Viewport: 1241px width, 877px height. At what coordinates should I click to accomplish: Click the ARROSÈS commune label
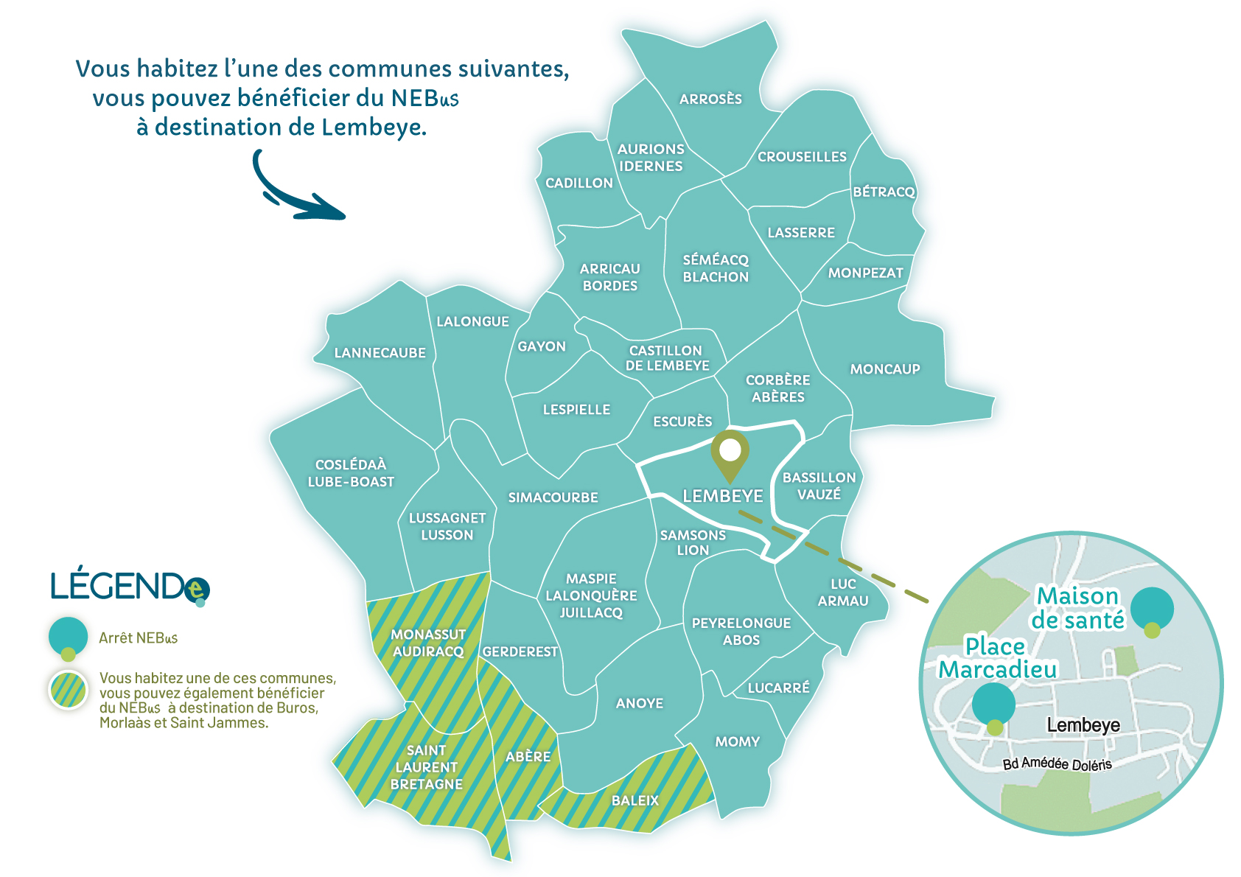pyautogui.click(x=710, y=99)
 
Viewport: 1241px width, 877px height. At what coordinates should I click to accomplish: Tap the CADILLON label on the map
pyautogui.click(x=578, y=183)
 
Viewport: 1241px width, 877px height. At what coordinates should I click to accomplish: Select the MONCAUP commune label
pyautogui.click(x=885, y=368)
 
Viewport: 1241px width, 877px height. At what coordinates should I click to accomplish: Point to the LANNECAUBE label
pyautogui.click(x=380, y=352)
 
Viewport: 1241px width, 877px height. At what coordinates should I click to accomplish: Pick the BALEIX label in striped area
pyautogui.click(x=635, y=800)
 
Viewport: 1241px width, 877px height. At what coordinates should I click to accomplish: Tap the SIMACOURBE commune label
pyautogui.click(x=553, y=497)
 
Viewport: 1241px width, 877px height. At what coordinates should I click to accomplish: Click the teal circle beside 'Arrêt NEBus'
pyautogui.click(x=68, y=636)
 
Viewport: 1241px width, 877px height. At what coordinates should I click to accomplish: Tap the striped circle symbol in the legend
pyautogui.click(x=68, y=690)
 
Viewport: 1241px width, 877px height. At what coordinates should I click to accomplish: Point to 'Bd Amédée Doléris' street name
pyautogui.click(x=1057, y=764)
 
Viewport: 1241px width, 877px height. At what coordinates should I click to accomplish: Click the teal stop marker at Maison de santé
pyautogui.click(x=1152, y=609)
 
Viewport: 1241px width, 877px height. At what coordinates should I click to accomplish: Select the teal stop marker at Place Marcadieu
pyautogui.click(x=993, y=705)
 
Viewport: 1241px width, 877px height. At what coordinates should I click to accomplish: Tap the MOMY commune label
pyautogui.click(x=737, y=741)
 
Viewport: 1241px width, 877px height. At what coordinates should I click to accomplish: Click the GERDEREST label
pyautogui.click(x=520, y=651)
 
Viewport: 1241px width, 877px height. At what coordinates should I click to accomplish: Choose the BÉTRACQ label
pyautogui.click(x=884, y=192)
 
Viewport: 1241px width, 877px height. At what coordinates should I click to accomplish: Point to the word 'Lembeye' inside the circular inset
pyautogui.click(x=1083, y=725)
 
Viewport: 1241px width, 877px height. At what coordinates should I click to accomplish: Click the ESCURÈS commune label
pyautogui.click(x=682, y=421)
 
